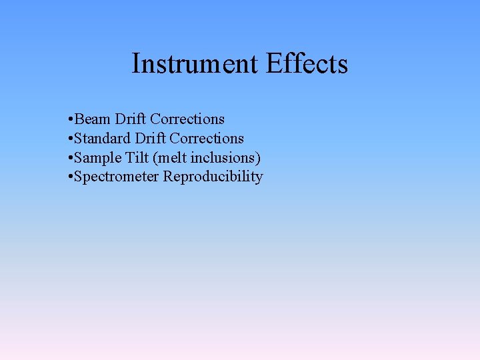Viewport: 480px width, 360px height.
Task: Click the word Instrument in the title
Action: click(x=195, y=64)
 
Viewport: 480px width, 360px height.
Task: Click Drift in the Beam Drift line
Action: click(x=131, y=119)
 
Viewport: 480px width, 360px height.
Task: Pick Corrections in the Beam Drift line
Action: click(x=187, y=119)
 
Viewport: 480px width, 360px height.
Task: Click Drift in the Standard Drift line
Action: click(x=150, y=139)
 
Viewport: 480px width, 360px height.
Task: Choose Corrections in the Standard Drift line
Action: click(x=207, y=139)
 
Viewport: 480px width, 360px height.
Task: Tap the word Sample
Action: click(x=97, y=158)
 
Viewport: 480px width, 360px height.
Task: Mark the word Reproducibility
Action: click(x=213, y=177)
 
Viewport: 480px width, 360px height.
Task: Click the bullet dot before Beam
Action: click(x=70, y=120)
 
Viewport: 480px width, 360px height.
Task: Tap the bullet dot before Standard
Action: click(x=70, y=139)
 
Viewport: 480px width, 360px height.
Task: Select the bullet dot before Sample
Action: click(x=70, y=159)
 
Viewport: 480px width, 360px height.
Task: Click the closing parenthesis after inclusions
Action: click(x=258, y=159)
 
